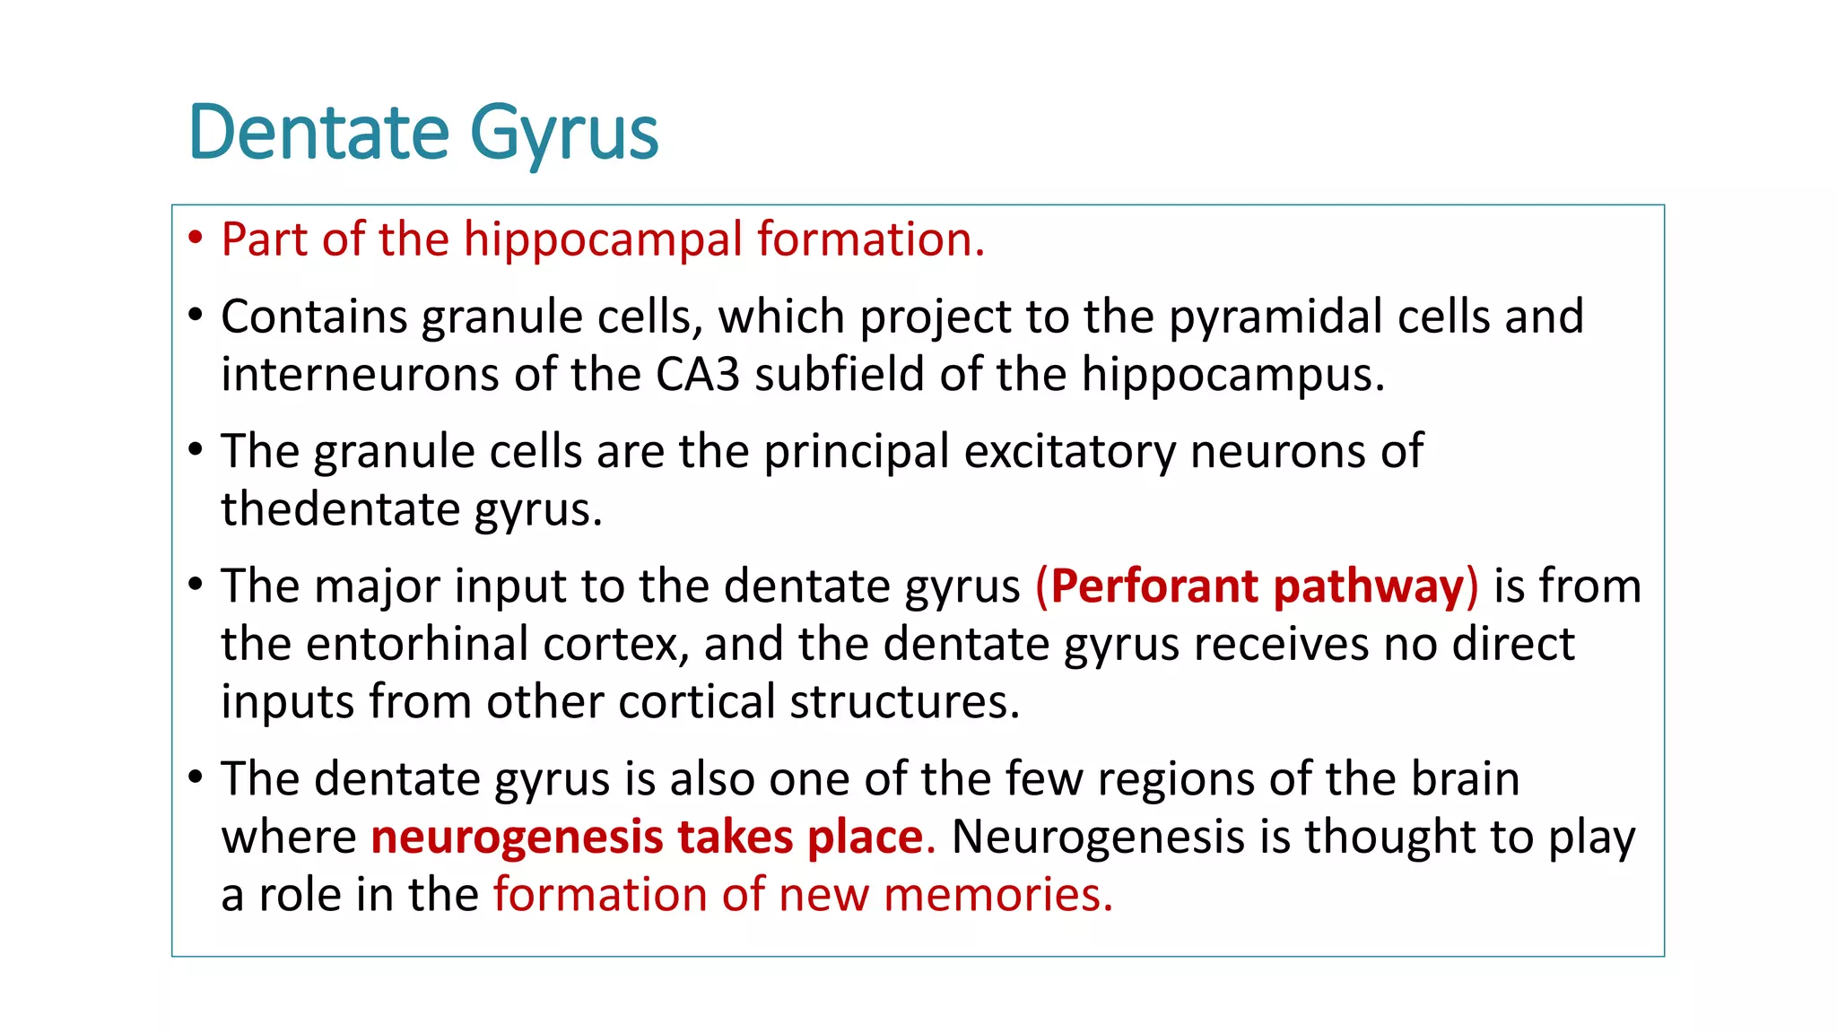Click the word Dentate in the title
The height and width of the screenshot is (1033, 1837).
[318, 133]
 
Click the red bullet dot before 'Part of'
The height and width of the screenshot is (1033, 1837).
[196, 239]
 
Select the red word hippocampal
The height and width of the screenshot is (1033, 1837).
[603, 240]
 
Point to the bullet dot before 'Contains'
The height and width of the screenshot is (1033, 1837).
[196, 316]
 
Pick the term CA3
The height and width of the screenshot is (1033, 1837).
[697, 374]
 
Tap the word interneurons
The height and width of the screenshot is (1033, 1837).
[360, 374]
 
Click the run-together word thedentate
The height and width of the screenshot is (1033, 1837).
[340, 508]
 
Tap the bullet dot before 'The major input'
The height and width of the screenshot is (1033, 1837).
[196, 585]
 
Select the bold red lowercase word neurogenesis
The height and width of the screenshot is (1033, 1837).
[517, 837]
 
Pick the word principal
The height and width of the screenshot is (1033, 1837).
[856, 451]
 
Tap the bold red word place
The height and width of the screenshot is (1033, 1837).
[865, 837]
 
